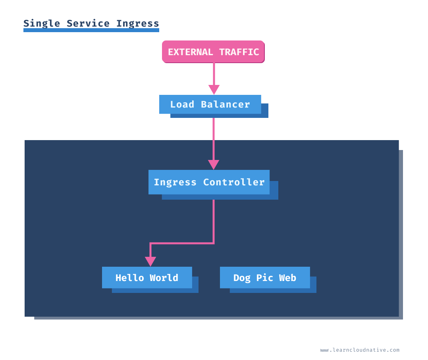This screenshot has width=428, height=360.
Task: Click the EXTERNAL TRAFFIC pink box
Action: (213, 52)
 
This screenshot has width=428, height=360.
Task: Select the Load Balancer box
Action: (210, 104)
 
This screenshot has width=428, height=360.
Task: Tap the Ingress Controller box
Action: (209, 182)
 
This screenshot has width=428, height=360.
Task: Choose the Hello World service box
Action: (147, 277)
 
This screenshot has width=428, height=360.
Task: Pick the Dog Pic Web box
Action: (265, 277)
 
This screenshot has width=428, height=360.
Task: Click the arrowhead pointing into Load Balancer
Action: (214, 90)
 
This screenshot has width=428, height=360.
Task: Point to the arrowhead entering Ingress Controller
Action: (214, 165)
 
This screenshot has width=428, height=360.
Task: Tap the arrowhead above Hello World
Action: (150, 262)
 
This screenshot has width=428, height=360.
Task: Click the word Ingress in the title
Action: (137, 23)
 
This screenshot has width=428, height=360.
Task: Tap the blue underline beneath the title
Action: (91, 30)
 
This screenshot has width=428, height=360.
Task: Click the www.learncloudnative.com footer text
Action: (360, 350)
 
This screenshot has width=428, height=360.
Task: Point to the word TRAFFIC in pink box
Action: (239, 52)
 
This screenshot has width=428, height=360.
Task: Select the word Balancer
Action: (226, 104)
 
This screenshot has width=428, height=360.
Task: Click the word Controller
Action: (234, 182)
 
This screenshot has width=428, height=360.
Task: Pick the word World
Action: (164, 278)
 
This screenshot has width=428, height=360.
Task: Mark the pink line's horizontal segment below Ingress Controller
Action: (182, 243)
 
